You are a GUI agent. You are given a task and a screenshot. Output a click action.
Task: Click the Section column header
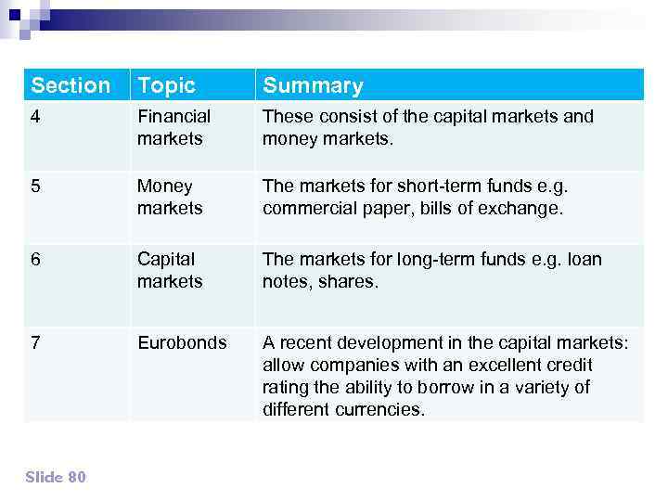click(71, 85)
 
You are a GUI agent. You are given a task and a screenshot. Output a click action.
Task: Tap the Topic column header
click(166, 85)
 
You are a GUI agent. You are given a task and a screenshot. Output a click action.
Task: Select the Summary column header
click(313, 85)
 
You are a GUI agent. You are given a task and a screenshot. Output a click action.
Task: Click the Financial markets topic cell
click(173, 127)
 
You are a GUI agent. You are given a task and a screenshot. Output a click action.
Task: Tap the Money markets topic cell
click(169, 197)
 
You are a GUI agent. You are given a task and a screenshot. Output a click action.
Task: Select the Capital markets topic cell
click(169, 270)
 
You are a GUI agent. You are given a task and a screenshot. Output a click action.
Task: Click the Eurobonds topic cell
click(182, 342)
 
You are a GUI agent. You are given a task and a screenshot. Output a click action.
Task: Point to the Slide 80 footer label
click(55, 476)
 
